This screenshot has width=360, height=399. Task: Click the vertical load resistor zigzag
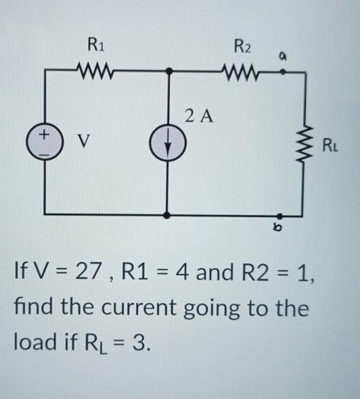click(x=307, y=143)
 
